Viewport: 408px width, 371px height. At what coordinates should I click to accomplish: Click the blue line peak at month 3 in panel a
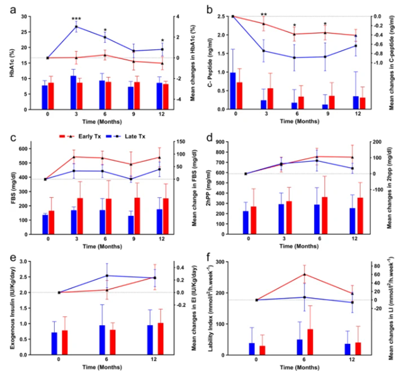[x=76, y=26]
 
